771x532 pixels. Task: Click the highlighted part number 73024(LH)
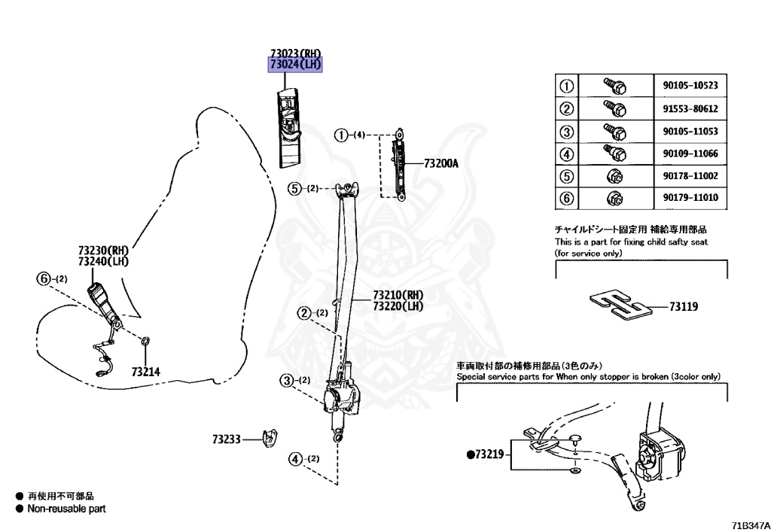296,65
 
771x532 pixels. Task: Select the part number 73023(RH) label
296,53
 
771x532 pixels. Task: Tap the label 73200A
440,163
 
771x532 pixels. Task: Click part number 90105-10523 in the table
690,86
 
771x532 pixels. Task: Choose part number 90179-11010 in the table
690,199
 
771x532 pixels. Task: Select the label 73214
145,371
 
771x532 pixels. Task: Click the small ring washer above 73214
145,345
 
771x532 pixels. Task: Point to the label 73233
226,438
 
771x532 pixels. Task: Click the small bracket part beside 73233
270,436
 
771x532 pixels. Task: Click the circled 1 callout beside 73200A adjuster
342,135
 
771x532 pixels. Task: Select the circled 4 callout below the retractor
295,458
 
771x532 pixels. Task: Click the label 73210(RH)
398,295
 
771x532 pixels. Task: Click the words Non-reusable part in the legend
66,509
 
